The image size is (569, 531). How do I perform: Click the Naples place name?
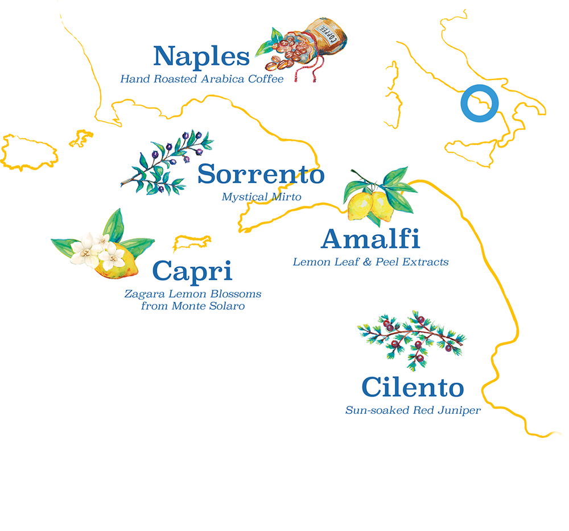(201, 57)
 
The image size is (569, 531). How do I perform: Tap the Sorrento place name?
(261, 175)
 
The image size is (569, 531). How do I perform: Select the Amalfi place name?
(370, 239)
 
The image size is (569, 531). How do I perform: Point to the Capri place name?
(193, 271)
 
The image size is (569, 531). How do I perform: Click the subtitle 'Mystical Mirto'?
(261, 197)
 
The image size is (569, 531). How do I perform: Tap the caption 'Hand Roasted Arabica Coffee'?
(201, 79)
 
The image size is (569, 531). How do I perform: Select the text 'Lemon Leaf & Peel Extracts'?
(370, 262)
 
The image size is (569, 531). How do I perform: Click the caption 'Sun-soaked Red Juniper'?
(413, 410)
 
